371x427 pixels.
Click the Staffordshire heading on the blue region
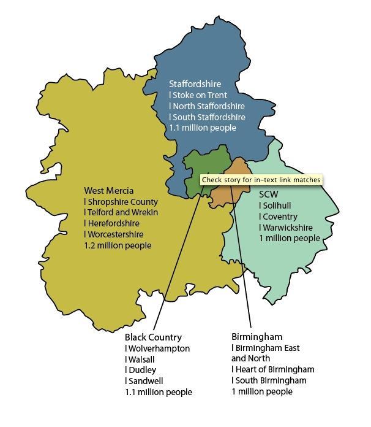pyautogui.click(x=195, y=84)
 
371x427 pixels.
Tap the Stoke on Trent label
pyautogui.click(x=199, y=95)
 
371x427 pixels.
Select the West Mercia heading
pyautogui.click(x=108, y=191)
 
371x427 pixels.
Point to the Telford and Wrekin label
pyautogui.click(x=122, y=213)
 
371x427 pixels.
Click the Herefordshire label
pyautogui.click(x=113, y=224)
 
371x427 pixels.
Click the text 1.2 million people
pyautogui.click(x=118, y=245)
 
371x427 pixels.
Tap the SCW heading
pyautogui.click(x=268, y=194)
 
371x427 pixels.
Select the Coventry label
pyautogui.click(x=279, y=217)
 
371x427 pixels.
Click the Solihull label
pyautogui.click(x=276, y=206)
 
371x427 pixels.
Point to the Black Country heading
pyautogui.click(x=153, y=337)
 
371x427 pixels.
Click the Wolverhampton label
pyautogui.click(x=158, y=348)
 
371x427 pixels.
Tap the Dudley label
pyautogui.click(x=141, y=370)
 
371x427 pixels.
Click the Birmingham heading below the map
pyautogui.click(x=257, y=337)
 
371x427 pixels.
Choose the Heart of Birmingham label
pyautogui.click(x=274, y=369)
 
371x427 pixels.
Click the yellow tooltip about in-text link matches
pyautogui.click(x=261, y=180)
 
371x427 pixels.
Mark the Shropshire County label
pyautogui.click(x=122, y=202)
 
